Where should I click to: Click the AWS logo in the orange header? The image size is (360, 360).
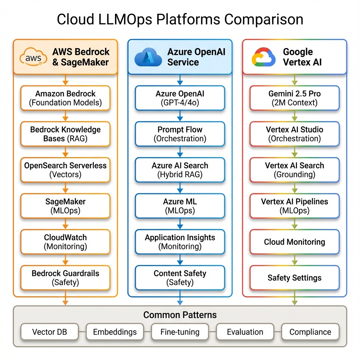33,57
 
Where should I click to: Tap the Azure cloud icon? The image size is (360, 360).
148,57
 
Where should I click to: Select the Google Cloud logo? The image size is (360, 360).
263,57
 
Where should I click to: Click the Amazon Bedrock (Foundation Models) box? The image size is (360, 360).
65,98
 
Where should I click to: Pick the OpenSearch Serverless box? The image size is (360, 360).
65,170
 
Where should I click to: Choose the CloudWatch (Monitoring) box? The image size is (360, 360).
65,242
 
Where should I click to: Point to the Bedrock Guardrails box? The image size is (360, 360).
65,278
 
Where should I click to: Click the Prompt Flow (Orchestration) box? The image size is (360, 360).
180,134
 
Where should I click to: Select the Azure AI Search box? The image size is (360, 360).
180,170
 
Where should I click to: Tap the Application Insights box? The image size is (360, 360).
180,242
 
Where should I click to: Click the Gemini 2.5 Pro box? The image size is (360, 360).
295,98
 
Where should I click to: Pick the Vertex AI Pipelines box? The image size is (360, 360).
295,206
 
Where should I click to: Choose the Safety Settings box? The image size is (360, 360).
295,278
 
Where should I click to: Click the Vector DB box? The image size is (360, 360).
50,332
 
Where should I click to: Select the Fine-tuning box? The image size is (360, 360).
180,332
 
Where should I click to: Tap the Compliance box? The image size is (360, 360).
310,332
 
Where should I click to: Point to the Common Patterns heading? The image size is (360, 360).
180,315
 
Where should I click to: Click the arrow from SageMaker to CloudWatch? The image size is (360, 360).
65,224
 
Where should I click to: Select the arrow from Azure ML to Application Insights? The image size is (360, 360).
180,224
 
